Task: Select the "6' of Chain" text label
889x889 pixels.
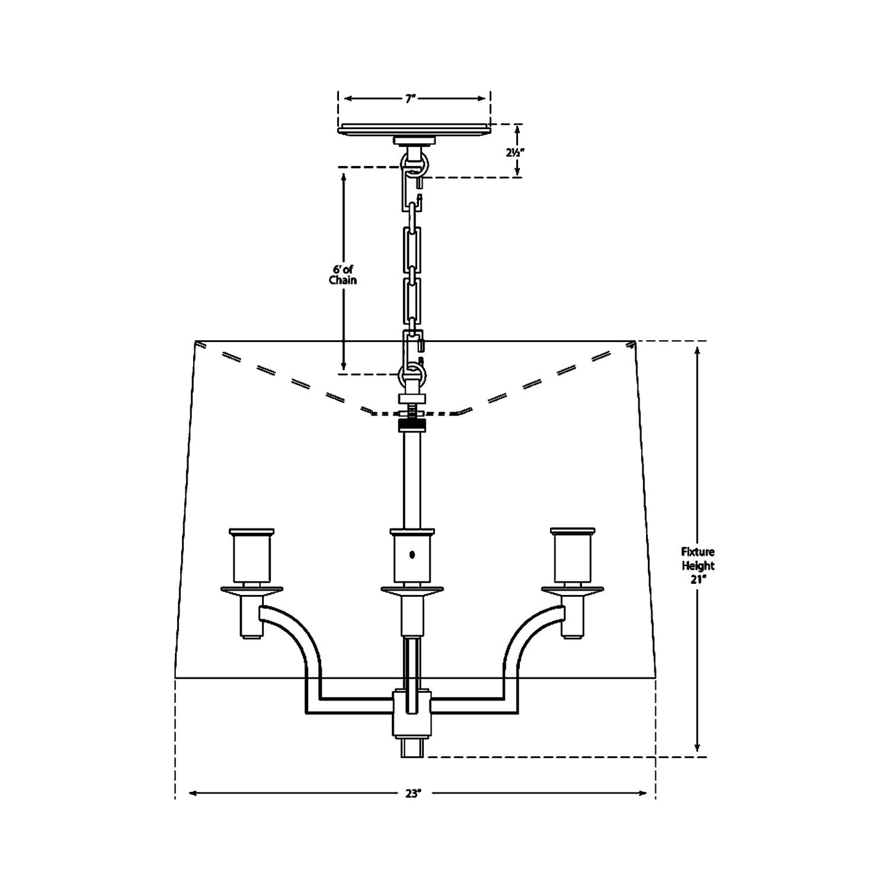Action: pyautogui.click(x=343, y=274)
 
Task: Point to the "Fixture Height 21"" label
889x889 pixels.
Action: pyautogui.click(x=698, y=566)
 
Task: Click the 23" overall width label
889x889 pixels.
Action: pyautogui.click(x=413, y=793)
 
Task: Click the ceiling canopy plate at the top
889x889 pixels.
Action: pyautogui.click(x=414, y=129)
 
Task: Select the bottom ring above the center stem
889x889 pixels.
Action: pyautogui.click(x=412, y=372)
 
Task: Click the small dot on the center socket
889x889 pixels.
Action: pyautogui.click(x=412, y=554)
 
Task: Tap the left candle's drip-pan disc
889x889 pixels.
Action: pyautogui.click(x=252, y=591)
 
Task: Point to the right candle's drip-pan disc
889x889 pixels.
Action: pyautogui.click(x=573, y=591)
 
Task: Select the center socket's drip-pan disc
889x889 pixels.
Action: pyautogui.click(x=412, y=591)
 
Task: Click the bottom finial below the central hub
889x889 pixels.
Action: pyautogui.click(x=412, y=748)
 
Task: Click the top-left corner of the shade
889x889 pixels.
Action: pyautogui.click(x=195, y=341)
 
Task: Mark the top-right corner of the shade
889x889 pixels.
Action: pyautogui.click(x=635, y=341)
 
